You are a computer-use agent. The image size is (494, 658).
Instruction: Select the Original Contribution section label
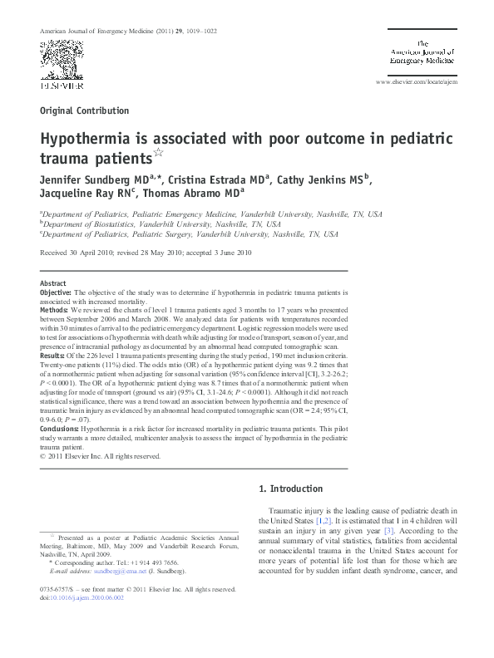click(x=84, y=110)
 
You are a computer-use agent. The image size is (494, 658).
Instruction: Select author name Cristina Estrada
click(x=214, y=179)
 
